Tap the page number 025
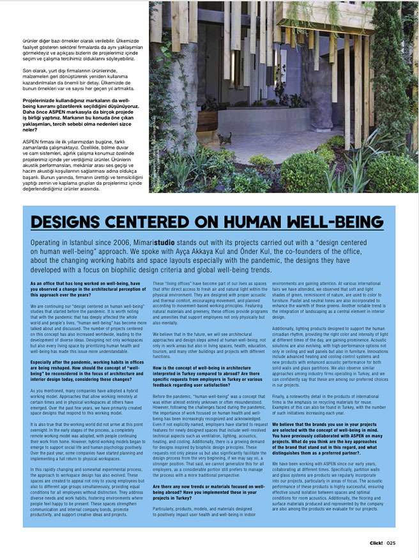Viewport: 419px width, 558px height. pyautogui.click(x=392, y=543)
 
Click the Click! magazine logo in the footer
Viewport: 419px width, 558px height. pyautogui.click(x=376, y=543)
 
